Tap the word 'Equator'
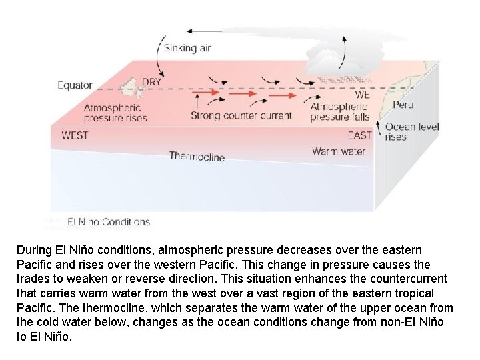tap(75, 85)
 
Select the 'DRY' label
tap(153, 82)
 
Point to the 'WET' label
tap(365, 94)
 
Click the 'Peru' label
tap(403, 105)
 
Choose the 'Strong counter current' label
tap(241, 115)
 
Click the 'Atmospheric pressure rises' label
tap(115, 113)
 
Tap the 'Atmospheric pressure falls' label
tap(339, 112)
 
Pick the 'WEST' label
tap(75, 135)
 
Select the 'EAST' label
tap(359, 135)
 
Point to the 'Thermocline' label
tap(197, 156)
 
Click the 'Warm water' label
tap(338, 151)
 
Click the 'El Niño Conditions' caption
tap(108, 222)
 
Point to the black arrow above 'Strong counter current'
tap(197, 101)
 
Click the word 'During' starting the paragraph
tap(33, 250)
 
